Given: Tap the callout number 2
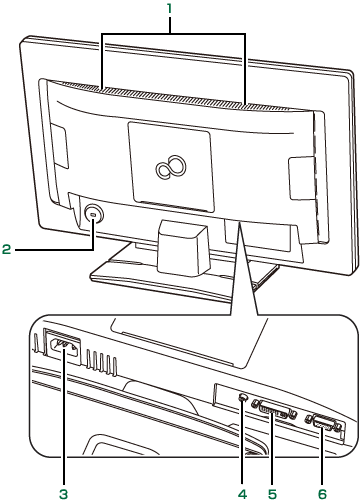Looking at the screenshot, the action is [x=7, y=249].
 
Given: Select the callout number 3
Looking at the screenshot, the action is [x=63, y=493].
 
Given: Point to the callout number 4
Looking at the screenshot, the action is [x=242, y=493].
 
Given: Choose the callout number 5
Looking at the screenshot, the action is [x=272, y=493].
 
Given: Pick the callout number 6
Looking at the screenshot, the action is [x=322, y=493].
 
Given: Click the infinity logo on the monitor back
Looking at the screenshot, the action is [x=171, y=166].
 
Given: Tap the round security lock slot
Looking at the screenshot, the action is [x=93, y=215].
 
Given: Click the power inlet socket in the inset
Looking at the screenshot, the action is [x=64, y=348].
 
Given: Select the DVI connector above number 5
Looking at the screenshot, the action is [x=273, y=409].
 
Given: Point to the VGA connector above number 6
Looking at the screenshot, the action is [x=324, y=423].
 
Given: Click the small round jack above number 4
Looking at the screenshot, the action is [x=243, y=397].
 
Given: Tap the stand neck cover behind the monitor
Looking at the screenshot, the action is [x=183, y=247].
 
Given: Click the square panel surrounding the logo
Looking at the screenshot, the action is [x=171, y=167].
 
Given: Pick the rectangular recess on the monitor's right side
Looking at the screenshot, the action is [x=301, y=178].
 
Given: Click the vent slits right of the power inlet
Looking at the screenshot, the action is [x=101, y=362].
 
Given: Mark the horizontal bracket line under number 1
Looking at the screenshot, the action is [x=174, y=33].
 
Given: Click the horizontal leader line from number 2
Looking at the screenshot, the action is [x=54, y=249].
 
